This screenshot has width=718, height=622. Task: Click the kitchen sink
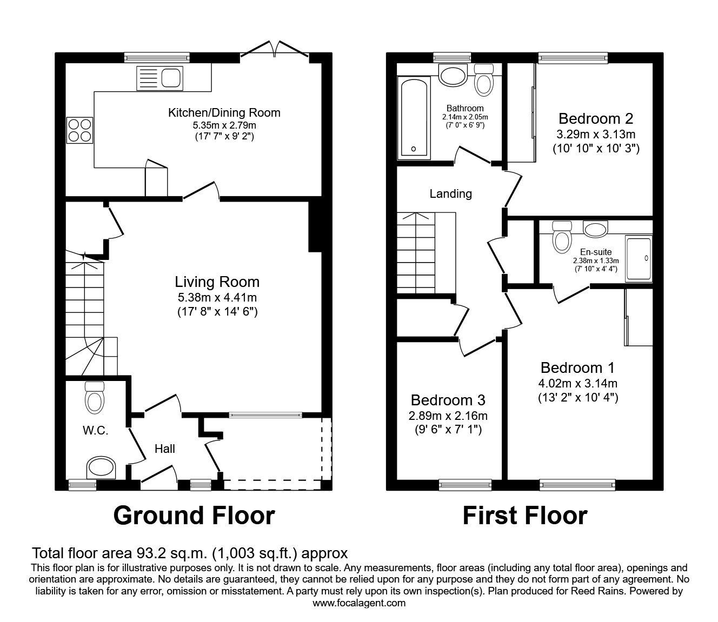(160, 78)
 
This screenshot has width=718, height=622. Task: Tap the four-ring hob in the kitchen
(80, 130)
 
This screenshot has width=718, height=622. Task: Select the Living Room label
(217, 282)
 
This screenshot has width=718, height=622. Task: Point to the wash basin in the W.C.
(102, 467)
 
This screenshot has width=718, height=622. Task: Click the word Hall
(165, 449)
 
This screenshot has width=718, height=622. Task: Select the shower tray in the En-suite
(639, 259)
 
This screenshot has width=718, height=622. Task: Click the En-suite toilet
(562, 238)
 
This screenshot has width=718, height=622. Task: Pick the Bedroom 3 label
(448, 400)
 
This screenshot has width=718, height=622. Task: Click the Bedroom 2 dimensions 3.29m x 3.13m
(596, 134)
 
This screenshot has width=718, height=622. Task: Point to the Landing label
(450, 194)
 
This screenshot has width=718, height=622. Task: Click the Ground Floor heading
(194, 516)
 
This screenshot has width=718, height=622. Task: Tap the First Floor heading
(525, 516)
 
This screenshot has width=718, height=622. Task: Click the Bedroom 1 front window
(577, 485)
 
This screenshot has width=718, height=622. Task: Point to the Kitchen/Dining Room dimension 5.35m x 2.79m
(224, 125)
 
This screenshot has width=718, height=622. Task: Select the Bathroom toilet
(484, 80)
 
